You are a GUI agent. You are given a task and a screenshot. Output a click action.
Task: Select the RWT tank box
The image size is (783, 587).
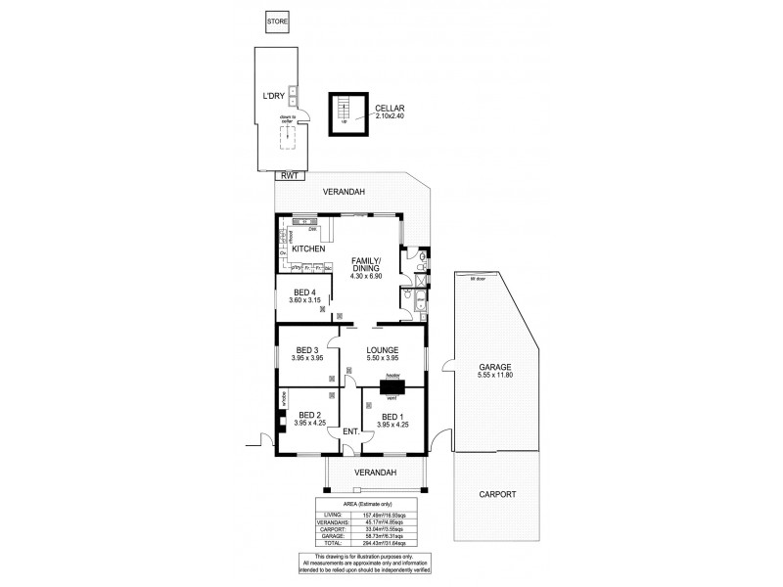289,175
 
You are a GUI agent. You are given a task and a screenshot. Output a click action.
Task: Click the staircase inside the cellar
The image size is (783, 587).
343,113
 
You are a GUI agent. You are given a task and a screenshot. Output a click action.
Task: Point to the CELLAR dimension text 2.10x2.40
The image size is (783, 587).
390,116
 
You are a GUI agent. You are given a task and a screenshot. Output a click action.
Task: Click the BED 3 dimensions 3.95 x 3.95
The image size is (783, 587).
308,357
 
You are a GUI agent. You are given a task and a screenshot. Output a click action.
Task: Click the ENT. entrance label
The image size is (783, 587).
348,431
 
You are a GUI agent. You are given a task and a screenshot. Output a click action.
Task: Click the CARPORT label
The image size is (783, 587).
498,494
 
